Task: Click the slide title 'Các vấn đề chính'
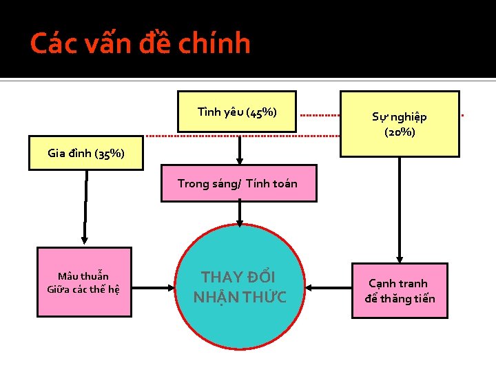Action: click(x=141, y=43)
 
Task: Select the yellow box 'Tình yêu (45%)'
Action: click(x=237, y=111)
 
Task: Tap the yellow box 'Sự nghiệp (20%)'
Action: click(x=400, y=123)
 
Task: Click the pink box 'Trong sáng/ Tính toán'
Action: click(x=238, y=183)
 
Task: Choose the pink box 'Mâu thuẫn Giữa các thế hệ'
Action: click(x=83, y=282)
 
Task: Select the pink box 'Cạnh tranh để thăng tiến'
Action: click(x=400, y=291)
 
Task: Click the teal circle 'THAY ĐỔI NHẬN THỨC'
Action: click(x=239, y=287)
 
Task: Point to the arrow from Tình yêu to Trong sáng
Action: click(x=239, y=147)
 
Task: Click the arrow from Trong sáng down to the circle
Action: click(x=239, y=214)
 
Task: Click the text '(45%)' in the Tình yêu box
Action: click(x=261, y=112)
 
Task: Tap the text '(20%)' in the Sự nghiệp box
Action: click(x=400, y=132)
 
